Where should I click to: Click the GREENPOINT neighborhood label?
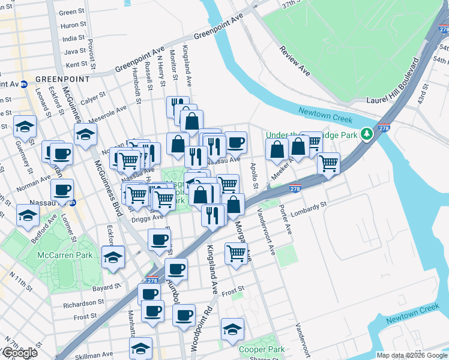tap(62, 79)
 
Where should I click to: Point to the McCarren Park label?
tap(65, 255)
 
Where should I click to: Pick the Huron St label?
tap(74, 25)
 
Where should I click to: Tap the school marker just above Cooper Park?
tap(232, 329)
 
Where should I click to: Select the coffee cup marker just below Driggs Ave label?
tap(160, 240)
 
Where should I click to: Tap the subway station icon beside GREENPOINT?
tap(24, 84)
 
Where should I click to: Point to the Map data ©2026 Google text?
tap(412, 355)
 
